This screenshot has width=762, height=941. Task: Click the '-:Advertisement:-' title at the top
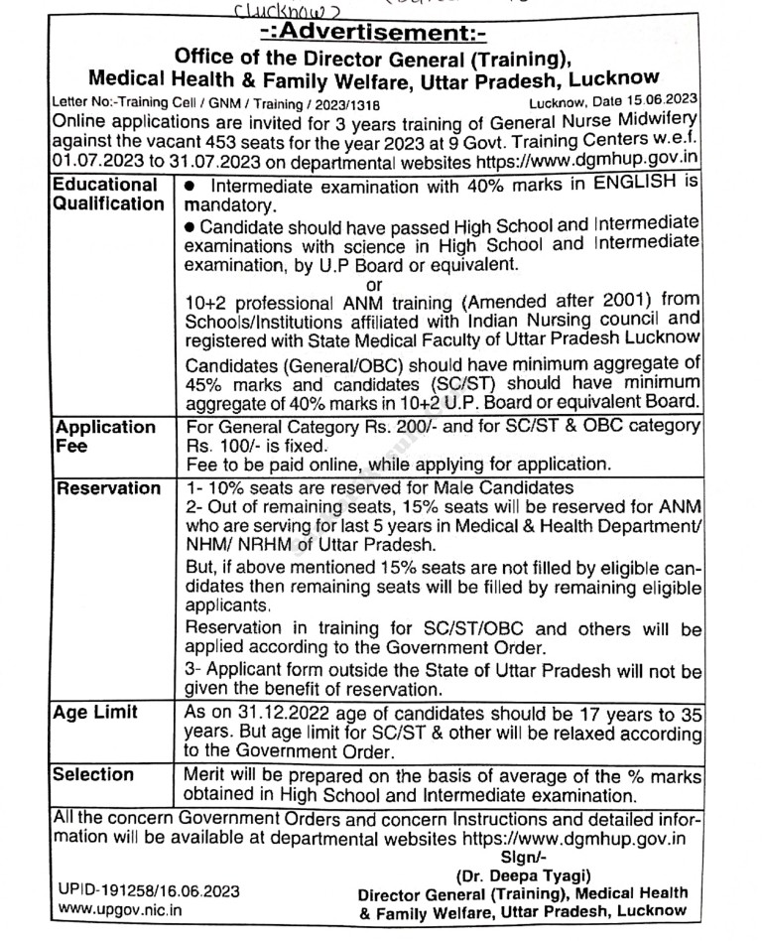pyautogui.click(x=380, y=34)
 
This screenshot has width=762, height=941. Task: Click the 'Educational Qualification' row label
pyautogui.click(x=107, y=194)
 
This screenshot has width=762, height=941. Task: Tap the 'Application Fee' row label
pyautogui.click(x=104, y=437)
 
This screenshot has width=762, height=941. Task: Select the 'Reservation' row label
pyautogui.click(x=107, y=488)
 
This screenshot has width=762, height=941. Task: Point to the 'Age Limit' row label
pyautogui.click(x=95, y=712)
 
